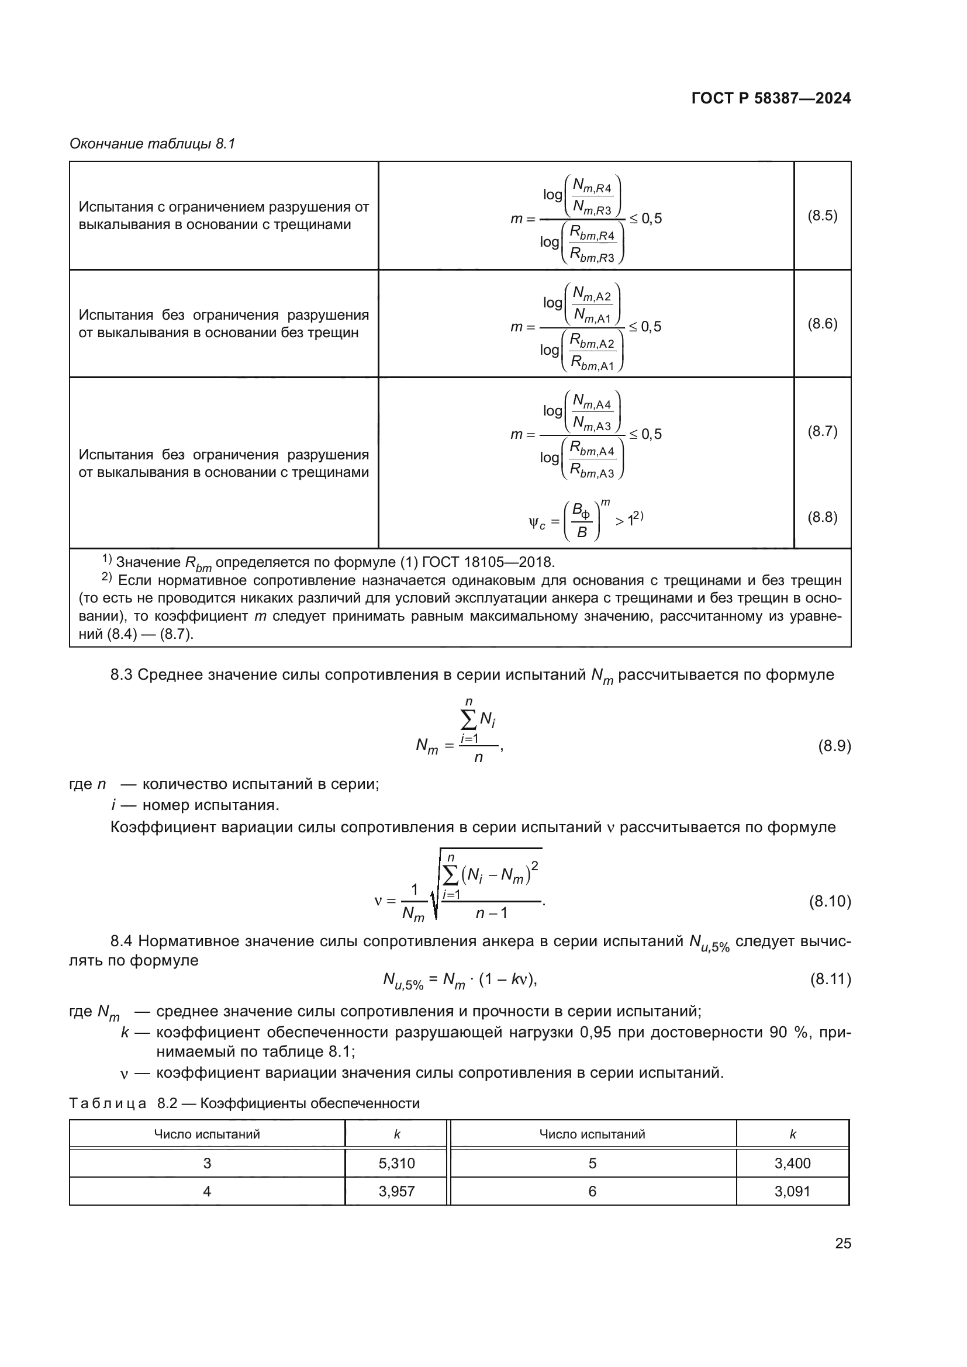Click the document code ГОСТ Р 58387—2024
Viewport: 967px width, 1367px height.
click(771, 98)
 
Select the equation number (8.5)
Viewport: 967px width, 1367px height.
click(823, 216)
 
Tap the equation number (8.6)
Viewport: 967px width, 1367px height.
click(823, 324)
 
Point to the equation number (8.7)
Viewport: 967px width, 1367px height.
click(823, 432)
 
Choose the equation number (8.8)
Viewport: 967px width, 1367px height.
click(823, 517)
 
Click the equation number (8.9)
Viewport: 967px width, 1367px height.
click(834, 746)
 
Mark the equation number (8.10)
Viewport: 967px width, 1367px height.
click(830, 901)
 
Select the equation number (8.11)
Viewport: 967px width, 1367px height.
click(830, 979)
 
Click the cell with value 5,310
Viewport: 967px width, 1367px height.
click(396, 1164)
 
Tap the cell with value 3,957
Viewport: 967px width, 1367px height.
click(396, 1191)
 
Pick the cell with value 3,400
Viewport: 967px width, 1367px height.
click(793, 1164)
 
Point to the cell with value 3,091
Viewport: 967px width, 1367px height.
click(793, 1191)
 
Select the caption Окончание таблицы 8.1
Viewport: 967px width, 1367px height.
click(153, 144)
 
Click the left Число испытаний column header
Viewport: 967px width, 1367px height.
click(206, 1134)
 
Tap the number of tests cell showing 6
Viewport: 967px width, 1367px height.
click(592, 1191)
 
